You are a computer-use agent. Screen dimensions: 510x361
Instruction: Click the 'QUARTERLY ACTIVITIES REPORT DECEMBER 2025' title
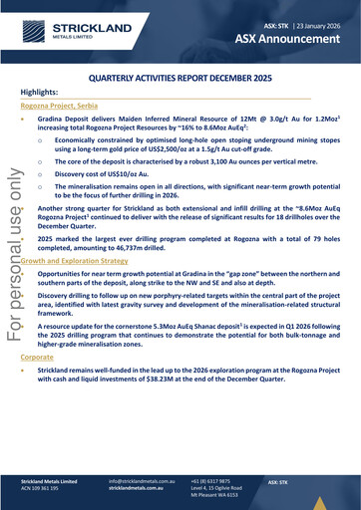180,76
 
